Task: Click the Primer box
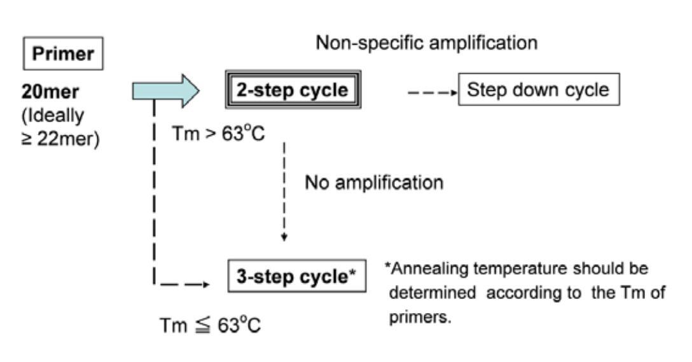click(62, 54)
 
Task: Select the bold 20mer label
click(48, 92)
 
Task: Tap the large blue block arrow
click(165, 91)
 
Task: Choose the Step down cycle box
click(538, 90)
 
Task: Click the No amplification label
click(374, 183)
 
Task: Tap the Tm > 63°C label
click(218, 134)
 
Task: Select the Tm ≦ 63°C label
click(210, 324)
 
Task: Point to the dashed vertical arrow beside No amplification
click(284, 191)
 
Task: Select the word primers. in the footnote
click(420, 317)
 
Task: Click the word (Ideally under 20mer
click(46, 116)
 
